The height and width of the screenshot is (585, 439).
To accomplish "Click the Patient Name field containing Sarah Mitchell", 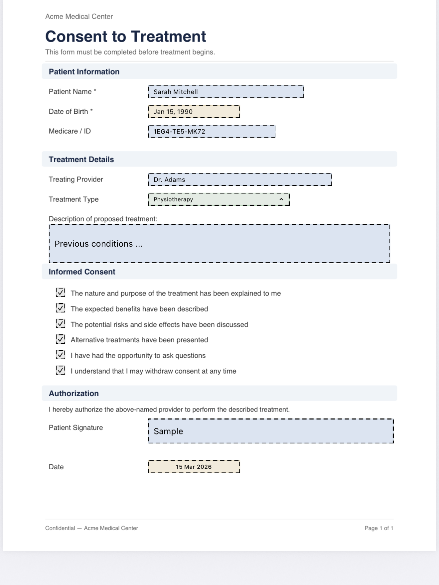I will pyautogui.click(x=225, y=92).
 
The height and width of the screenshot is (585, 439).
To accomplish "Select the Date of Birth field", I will pyautogui.click(x=194, y=112).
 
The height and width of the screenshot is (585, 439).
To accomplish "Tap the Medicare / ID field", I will pyautogui.click(x=212, y=131).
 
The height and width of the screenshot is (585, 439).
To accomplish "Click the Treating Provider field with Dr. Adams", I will pyautogui.click(x=240, y=179).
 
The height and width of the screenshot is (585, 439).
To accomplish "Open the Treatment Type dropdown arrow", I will pyautogui.click(x=281, y=199).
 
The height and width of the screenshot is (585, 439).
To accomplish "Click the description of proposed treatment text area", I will pyautogui.click(x=219, y=244).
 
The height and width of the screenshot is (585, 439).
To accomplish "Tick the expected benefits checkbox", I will pyautogui.click(x=61, y=308).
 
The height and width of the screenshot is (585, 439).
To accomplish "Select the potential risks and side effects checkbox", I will pyautogui.click(x=61, y=324).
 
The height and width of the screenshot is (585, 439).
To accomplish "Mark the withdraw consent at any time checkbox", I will pyautogui.click(x=61, y=370).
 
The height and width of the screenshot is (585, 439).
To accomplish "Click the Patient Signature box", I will pyautogui.click(x=270, y=431).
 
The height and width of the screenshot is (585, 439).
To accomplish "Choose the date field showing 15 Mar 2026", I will pyautogui.click(x=194, y=467).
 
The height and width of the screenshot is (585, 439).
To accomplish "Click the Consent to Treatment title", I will pyautogui.click(x=126, y=37).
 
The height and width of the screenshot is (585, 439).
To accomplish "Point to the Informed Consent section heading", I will pyautogui.click(x=82, y=272).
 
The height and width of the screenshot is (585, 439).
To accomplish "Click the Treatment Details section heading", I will pyautogui.click(x=81, y=160).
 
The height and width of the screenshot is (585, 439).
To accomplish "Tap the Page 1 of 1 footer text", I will pyautogui.click(x=379, y=528).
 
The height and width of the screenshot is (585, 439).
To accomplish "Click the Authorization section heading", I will pyautogui.click(x=73, y=394).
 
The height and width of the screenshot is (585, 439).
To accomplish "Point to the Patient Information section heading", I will pyautogui.click(x=84, y=72).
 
